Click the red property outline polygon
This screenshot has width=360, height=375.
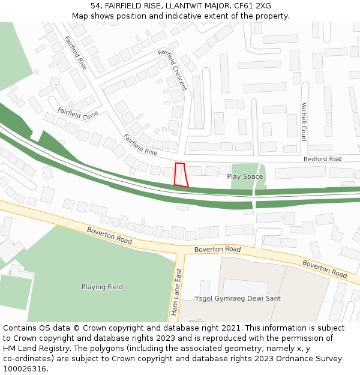(x=181, y=175)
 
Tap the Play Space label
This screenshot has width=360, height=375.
(x=245, y=177)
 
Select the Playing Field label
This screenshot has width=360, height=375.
(x=102, y=287)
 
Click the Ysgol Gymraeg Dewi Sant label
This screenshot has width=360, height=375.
(x=238, y=298)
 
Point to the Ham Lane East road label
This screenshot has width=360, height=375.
(x=176, y=292)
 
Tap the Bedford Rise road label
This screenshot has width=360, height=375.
(x=322, y=159)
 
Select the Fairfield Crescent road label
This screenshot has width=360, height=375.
(x=172, y=70)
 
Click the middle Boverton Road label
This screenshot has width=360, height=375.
(x=217, y=249)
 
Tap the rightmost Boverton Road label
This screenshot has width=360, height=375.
(x=325, y=269)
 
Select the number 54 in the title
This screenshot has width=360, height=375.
(x=95, y=6)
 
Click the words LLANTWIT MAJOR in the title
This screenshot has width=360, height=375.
(x=190, y=6)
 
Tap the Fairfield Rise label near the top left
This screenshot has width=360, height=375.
(x=76, y=53)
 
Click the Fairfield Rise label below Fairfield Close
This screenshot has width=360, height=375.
(x=140, y=145)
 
